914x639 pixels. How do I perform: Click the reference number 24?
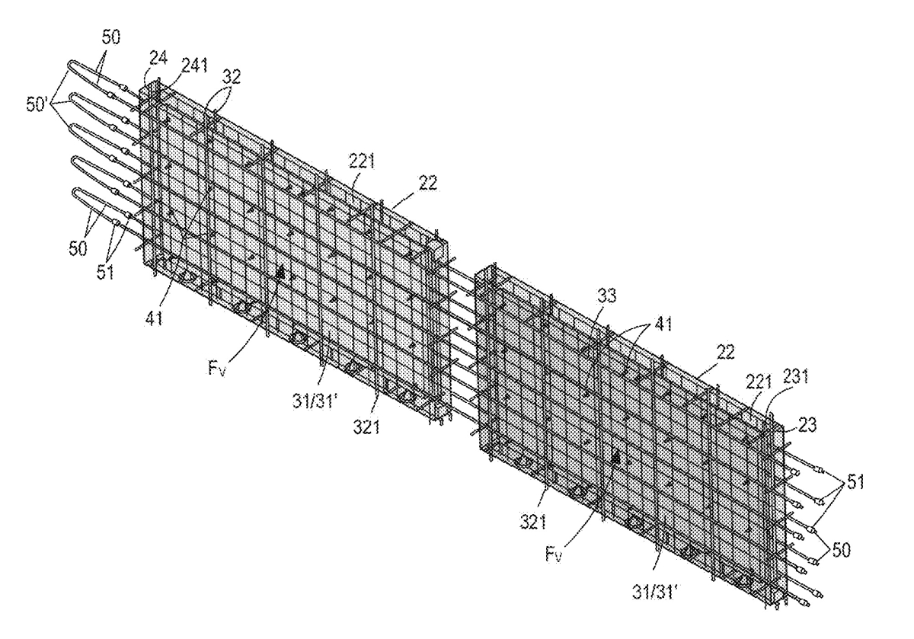(x=158, y=58)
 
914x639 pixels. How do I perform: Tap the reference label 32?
(x=231, y=76)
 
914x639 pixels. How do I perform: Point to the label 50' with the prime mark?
(x=38, y=104)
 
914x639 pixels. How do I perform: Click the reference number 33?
(x=606, y=296)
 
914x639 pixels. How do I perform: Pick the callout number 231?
(x=795, y=377)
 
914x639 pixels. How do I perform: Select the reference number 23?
(x=807, y=425)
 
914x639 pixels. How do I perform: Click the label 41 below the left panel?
(x=154, y=318)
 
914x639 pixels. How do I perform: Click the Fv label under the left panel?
(x=217, y=369)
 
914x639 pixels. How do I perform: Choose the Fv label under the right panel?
(x=553, y=555)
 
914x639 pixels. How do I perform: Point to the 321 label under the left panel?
(x=366, y=427)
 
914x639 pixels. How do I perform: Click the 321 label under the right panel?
(x=533, y=522)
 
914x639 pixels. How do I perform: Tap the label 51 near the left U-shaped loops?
(x=105, y=272)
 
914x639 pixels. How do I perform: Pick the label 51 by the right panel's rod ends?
(x=855, y=482)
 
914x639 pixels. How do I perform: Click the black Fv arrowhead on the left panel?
(x=280, y=273)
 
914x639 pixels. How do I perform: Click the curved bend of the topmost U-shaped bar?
(x=69, y=67)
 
